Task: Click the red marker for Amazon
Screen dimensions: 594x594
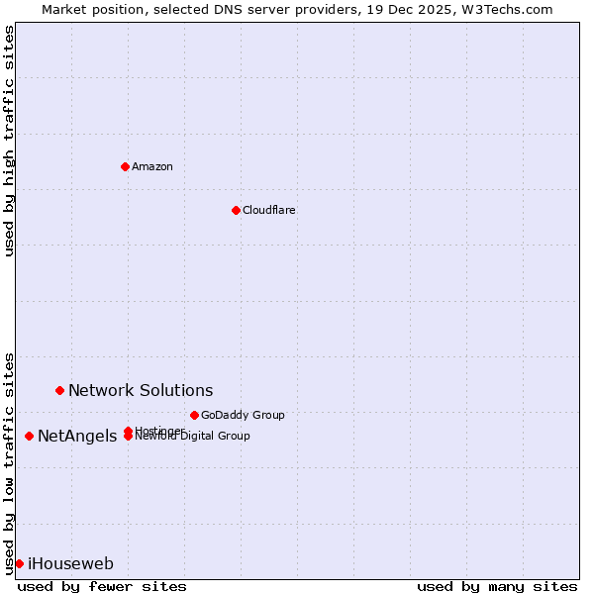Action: [125, 166]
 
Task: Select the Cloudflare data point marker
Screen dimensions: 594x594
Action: [236, 210]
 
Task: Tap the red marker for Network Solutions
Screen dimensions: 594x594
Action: [59, 391]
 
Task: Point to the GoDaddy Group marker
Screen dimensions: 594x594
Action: [194, 415]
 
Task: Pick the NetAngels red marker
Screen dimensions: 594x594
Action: [29, 436]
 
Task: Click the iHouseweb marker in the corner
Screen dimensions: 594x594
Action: [19, 563]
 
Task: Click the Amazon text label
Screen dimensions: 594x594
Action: [152, 166]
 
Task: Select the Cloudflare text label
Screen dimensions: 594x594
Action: [269, 210]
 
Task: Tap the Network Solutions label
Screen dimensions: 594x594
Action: [141, 391]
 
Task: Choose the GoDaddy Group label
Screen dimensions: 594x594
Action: [243, 415]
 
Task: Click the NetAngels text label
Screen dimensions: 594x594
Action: [77, 437]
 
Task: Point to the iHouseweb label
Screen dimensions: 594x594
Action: [70, 564]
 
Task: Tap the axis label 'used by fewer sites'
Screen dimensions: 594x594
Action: [102, 586]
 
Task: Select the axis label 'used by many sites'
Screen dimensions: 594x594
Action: [497, 586]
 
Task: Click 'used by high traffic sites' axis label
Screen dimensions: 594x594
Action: [9, 141]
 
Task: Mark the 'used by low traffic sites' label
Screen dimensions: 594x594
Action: [9, 462]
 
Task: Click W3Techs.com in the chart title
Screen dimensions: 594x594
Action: [504, 9]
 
